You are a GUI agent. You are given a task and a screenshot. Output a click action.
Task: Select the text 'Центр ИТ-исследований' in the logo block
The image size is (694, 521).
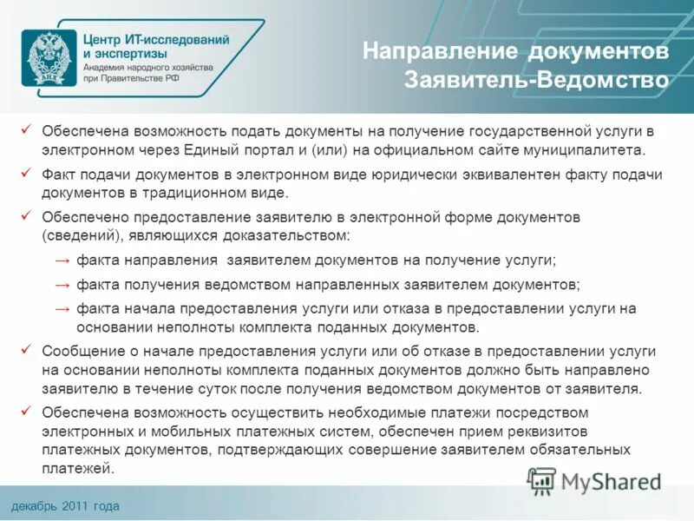click(157, 39)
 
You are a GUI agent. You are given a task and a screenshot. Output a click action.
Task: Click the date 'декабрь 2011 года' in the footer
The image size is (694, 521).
click(66, 506)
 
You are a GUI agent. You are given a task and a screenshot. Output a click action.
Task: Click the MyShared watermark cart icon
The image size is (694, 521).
click(542, 479)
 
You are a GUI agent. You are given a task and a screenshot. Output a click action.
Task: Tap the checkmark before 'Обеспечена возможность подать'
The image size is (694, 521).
click(27, 129)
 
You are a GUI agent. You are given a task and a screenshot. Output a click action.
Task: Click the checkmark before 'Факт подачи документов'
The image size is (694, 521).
click(27, 173)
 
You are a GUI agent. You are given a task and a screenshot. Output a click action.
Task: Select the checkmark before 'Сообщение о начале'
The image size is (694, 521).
click(27, 349)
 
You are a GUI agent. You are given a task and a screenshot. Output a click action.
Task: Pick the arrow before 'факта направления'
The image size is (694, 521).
click(62, 260)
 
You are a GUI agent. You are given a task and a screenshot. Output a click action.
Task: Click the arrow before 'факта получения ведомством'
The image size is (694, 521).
click(62, 284)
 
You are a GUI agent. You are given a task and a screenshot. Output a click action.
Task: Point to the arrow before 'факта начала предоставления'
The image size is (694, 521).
click(62, 308)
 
